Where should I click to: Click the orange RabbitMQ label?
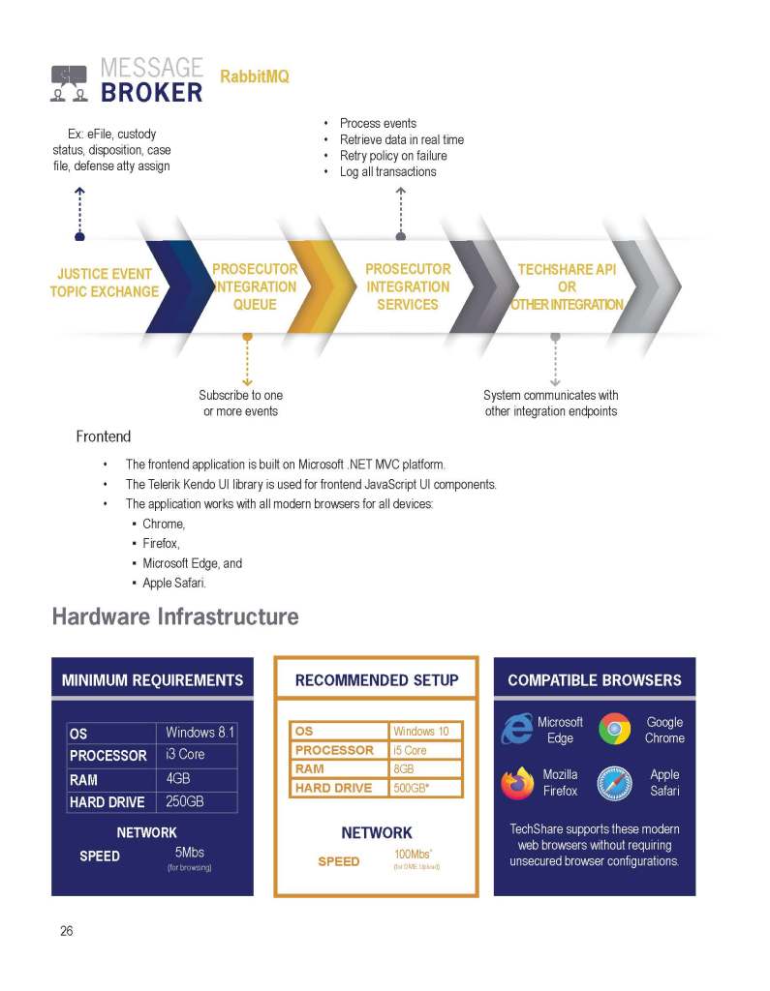point(255,76)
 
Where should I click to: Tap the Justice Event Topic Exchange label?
point(105,283)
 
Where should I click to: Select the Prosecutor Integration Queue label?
point(255,286)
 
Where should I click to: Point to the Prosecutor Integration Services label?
point(408,286)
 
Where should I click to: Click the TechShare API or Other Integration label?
point(567,286)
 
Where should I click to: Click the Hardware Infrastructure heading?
point(175,616)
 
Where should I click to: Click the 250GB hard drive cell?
point(187,801)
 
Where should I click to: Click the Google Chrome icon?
point(615,729)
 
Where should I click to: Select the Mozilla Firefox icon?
point(517,783)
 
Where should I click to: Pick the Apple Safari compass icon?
point(615,783)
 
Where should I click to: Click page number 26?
point(66,931)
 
